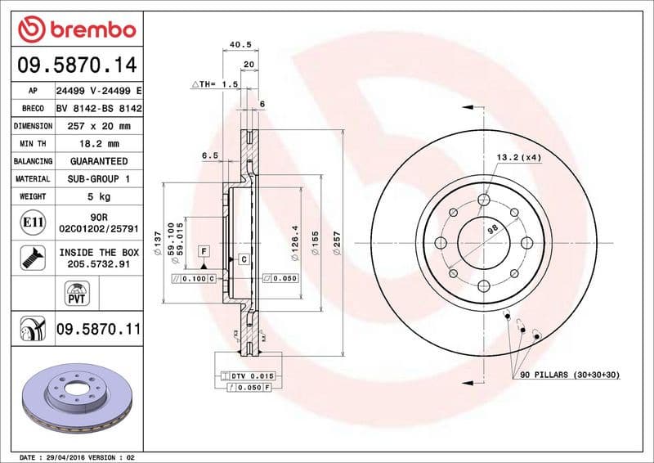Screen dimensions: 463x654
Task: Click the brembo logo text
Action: pyautogui.click(x=87, y=30)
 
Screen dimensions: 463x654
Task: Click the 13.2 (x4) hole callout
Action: pyautogui.click(x=518, y=156)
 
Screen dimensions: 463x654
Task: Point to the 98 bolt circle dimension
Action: pyautogui.click(x=493, y=231)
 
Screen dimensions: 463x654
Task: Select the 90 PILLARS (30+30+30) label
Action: pyautogui.click(x=572, y=374)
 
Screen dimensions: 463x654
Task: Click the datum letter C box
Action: pyautogui.click(x=243, y=259)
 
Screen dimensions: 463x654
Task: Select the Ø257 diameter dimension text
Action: pyautogui.click(x=337, y=245)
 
